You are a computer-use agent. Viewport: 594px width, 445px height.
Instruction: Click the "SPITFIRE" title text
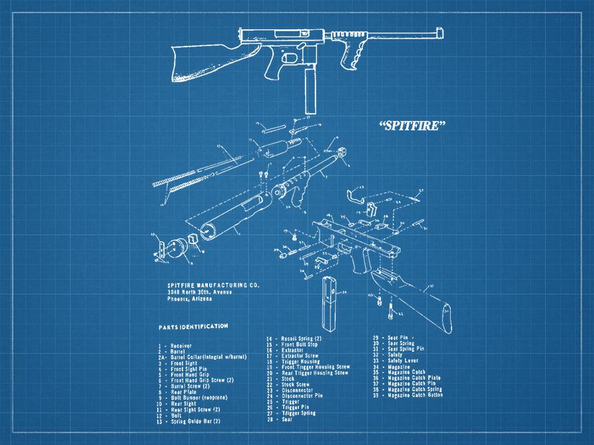[x=412, y=126]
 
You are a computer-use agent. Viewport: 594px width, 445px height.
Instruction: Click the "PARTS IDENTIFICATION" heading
[x=193, y=327]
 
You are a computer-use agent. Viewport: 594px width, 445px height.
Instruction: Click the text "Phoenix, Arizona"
[x=190, y=299]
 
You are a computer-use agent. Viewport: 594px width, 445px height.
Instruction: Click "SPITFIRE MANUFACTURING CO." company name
[x=213, y=285]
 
